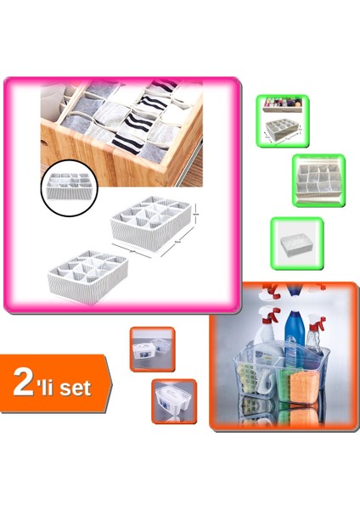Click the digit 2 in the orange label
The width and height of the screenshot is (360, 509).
tap(27, 383)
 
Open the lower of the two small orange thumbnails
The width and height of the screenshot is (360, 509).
tap(173, 400)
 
